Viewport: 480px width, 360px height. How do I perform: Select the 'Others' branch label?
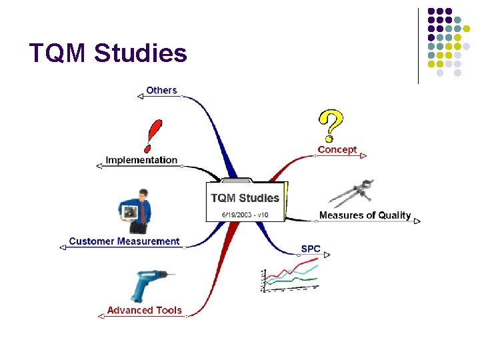161,90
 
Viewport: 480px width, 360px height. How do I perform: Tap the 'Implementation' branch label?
141,160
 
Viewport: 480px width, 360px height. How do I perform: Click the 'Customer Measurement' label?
124,241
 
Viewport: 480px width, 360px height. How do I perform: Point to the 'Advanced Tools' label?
144,310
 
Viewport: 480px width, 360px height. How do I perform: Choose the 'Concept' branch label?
337,150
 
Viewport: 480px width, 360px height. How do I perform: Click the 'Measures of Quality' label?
365,215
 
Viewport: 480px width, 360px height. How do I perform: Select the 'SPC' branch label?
311,249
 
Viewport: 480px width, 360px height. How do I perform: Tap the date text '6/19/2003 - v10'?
245,215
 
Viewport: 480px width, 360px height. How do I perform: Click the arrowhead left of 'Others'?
140,96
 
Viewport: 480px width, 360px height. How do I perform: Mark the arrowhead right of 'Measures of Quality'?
417,221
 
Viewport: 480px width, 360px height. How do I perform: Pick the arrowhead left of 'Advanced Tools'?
101,316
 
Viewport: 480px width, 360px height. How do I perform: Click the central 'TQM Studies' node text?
245,198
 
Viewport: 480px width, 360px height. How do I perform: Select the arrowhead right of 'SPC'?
327,254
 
